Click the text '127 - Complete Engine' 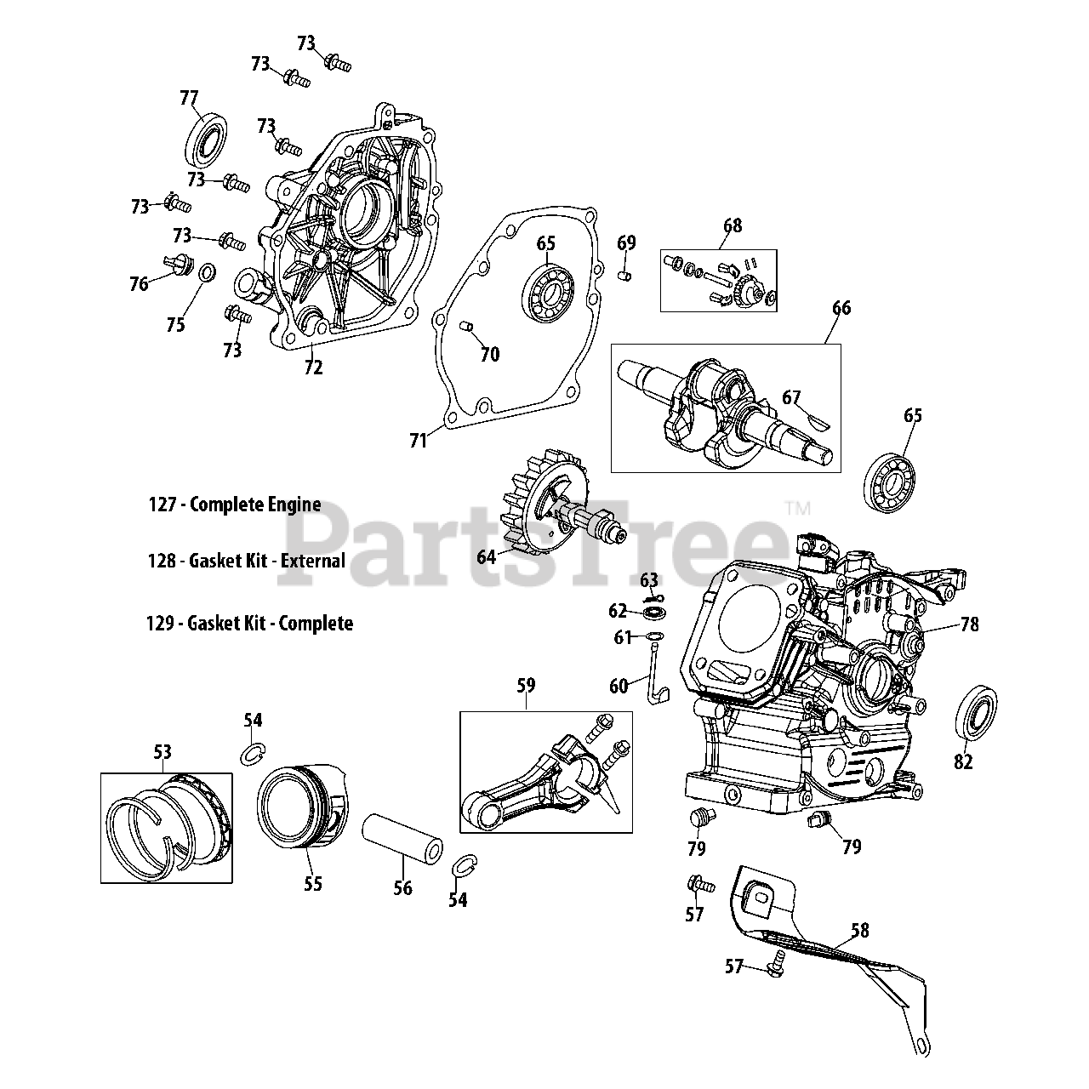[x=235, y=505]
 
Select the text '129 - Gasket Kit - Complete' [x=250, y=624]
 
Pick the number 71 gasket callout [x=419, y=441]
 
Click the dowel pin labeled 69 [x=624, y=275]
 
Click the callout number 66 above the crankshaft [x=841, y=308]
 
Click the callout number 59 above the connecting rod [x=526, y=683]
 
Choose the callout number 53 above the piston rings [x=162, y=752]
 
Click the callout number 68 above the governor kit [x=733, y=225]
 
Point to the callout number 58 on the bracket [x=860, y=931]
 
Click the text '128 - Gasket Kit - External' [x=247, y=562]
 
